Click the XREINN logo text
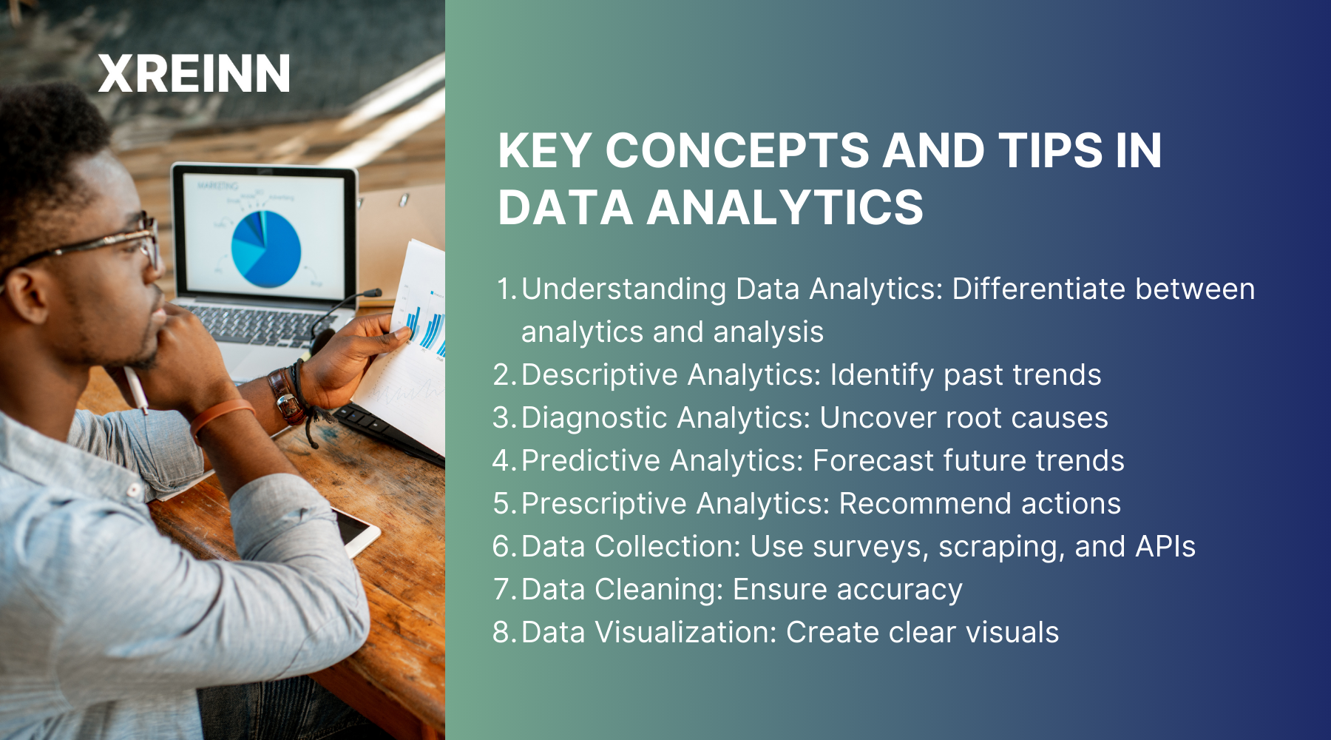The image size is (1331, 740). click(194, 74)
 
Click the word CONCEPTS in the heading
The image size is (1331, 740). click(737, 151)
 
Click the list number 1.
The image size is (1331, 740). click(507, 289)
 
